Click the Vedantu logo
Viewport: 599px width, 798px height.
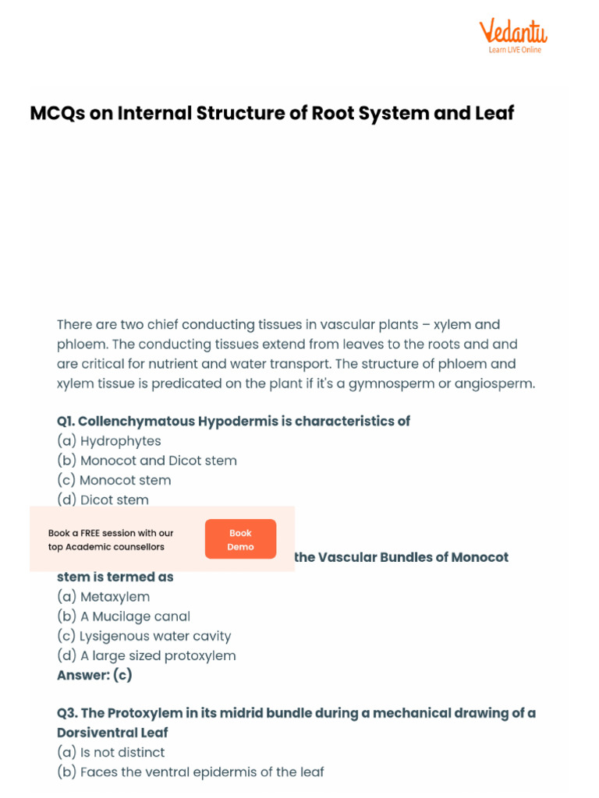512,32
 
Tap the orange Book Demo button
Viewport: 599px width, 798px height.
240,539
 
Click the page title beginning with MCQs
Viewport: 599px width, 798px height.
272,113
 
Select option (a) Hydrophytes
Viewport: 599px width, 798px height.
109,441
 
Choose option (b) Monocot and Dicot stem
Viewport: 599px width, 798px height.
147,461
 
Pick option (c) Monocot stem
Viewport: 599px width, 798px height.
114,480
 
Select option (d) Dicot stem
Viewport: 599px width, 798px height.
103,500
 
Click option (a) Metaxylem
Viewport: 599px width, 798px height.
104,597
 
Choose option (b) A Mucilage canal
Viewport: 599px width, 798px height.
123,616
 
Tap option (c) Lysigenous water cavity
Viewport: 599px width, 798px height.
144,636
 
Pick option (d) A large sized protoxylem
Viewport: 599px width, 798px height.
147,655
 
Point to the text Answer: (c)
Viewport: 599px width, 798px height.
94,675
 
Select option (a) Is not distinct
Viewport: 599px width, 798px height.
111,753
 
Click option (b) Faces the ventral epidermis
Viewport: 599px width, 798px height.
190,772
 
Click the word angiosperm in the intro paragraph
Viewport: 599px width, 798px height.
492,383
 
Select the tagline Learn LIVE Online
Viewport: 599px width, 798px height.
515,50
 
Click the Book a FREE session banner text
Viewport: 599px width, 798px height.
111,539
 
